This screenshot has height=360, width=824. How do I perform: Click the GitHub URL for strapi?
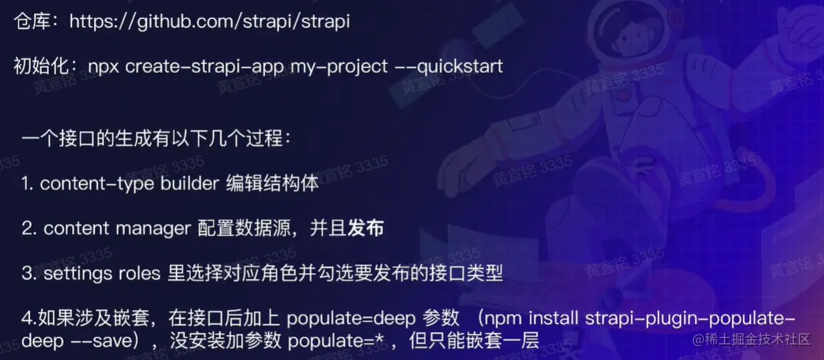[209, 21]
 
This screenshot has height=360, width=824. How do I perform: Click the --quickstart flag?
[448, 67]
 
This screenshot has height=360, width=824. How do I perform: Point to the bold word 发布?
[366, 229]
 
